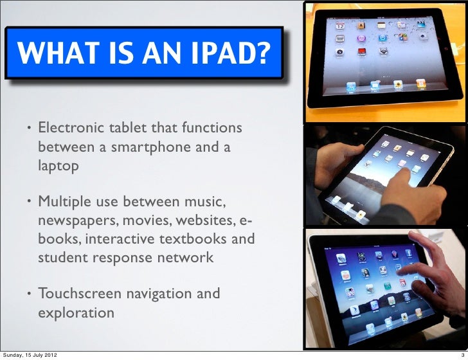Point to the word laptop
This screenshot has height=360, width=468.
click(59, 166)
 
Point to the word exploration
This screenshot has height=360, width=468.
click(76, 313)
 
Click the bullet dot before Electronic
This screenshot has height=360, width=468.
click(28, 127)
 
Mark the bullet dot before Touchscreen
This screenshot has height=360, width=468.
click(28, 295)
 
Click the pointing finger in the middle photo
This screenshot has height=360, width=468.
click(399, 177)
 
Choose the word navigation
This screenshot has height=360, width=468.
click(157, 294)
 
